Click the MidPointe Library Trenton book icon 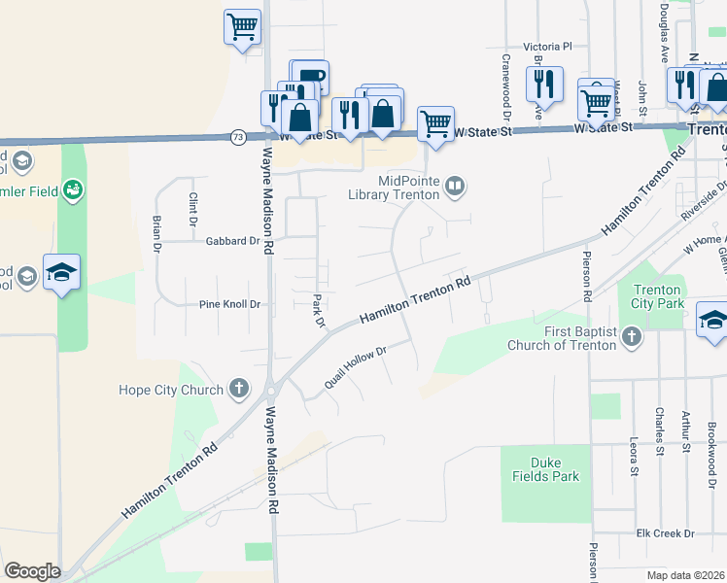point(454,185)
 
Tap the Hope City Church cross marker point(240,391)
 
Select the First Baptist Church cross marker point(632,338)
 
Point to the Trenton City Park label point(658,296)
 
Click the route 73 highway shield point(238,138)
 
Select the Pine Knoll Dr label point(230,304)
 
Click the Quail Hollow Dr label point(356,365)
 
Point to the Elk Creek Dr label point(664,533)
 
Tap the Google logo point(32,571)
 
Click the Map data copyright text point(686,575)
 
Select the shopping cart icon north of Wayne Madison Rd point(243,27)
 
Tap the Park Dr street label point(318,310)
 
